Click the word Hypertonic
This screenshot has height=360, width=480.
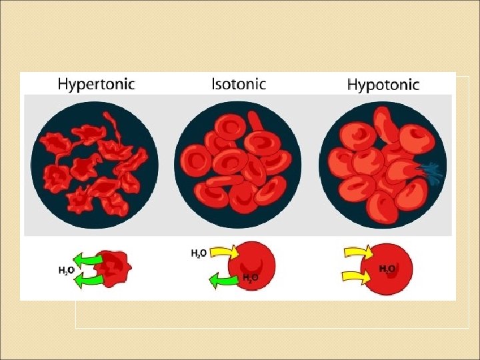click(x=96, y=84)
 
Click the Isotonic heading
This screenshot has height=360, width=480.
click(x=238, y=84)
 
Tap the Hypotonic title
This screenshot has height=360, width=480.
click(x=383, y=85)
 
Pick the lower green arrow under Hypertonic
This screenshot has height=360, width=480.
click(x=89, y=279)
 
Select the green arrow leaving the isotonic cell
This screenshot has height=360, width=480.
click(x=223, y=281)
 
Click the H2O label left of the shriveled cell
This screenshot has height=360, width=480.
click(x=65, y=270)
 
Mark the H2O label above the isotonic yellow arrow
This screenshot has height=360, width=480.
click(x=198, y=253)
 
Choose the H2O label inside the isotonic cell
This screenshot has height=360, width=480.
click(x=251, y=277)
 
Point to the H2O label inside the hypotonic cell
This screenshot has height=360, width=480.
click(x=387, y=269)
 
